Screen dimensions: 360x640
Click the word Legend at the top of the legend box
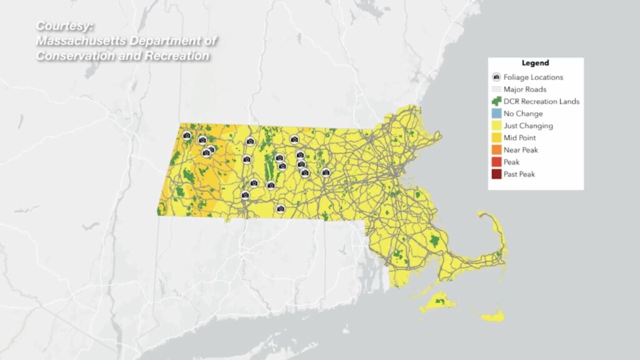coord(535,63)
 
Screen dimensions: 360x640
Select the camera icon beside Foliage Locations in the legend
coord(496,77)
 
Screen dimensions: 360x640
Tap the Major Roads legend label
coord(524,89)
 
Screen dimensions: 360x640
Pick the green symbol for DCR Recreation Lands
coord(496,101)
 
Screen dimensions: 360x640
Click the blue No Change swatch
coord(496,114)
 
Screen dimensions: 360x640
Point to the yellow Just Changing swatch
coord(496,126)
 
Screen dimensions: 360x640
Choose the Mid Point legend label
coord(519,137)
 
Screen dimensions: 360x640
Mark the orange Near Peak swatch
coord(496,150)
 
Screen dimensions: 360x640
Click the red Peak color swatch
coord(496,162)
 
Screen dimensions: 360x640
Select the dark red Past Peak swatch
coord(496,174)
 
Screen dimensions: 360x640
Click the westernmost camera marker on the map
coord(186,135)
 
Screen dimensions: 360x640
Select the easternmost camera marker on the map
coord(326,172)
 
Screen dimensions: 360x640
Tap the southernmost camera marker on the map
coord(280,209)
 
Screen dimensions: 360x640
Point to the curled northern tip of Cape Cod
coord(483,215)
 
